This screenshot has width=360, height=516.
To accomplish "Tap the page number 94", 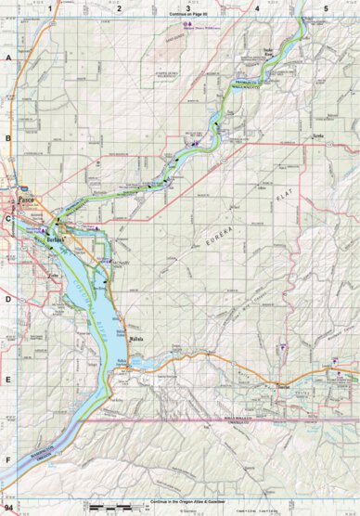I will click(x=8, y=509).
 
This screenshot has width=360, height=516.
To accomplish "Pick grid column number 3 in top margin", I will click(x=186, y=6).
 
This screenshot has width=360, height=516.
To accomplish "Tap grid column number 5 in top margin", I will click(x=326, y=6).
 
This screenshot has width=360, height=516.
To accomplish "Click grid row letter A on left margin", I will click(x=6, y=58).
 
